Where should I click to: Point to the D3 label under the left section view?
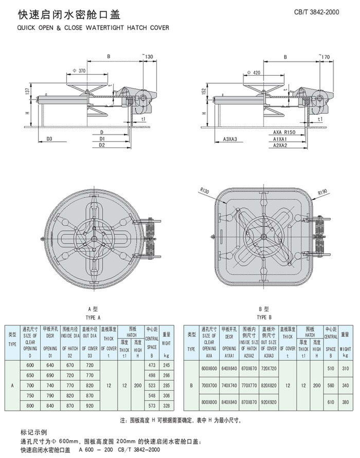[x=49, y=139]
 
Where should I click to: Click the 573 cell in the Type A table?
[x=152, y=405]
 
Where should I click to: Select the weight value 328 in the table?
[x=167, y=405]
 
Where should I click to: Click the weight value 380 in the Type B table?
[x=346, y=402]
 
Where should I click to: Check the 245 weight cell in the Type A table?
[x=167, y=365]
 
